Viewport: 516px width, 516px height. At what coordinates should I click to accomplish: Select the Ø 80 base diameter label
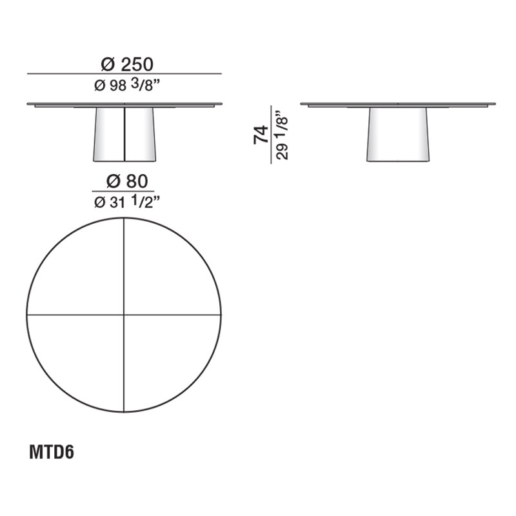pos(126,181)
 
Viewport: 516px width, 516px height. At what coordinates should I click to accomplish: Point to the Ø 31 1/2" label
pos(126,202)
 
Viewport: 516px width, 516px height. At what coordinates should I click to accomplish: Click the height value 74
pos(261,135)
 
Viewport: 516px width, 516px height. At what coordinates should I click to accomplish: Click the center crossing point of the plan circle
pos(124,315)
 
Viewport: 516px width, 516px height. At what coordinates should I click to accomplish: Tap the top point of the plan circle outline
pos(124,218)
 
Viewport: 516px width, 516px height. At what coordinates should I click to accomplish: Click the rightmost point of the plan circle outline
pos(221,315)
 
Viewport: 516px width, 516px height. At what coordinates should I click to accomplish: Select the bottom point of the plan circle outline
pos(124,412)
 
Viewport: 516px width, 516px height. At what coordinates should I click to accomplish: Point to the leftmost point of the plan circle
pos(27,315)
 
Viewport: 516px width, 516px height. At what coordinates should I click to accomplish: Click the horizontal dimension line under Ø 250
pos(124,74)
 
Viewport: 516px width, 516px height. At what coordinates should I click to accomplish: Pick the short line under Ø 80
pos(126,192)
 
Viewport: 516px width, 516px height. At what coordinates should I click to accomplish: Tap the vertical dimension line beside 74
pos(271,135)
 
